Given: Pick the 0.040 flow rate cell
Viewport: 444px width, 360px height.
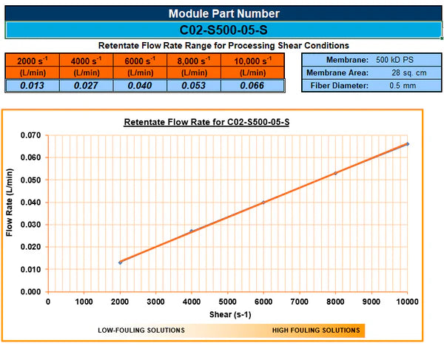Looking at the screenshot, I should point(140,86).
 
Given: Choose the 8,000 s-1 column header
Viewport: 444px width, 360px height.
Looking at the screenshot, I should point(195,66).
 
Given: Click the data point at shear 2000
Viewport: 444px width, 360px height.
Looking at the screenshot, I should point(120,262).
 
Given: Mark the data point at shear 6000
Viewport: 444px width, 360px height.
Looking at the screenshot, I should point(263,203).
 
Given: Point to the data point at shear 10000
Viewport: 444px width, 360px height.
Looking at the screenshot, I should point(407,143).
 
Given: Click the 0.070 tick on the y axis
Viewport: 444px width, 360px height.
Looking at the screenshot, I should point(30,135).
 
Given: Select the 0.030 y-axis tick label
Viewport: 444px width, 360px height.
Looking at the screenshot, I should point(30,225).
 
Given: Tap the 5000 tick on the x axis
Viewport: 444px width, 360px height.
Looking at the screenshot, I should point(227,302).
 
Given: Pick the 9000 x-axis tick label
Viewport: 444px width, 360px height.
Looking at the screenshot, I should point(371,302).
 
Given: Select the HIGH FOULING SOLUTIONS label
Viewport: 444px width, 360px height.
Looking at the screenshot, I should point(316,330).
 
